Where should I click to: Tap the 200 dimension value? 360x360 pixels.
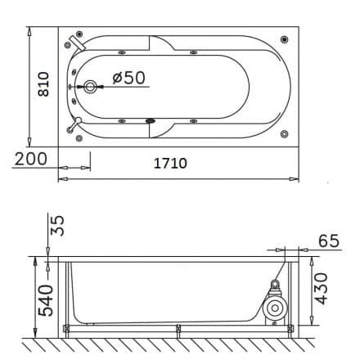coord(29,160)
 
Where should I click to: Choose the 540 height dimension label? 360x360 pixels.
coord(47,299)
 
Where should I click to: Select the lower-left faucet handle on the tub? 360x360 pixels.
coord(76,125)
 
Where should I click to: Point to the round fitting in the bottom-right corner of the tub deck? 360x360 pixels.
coord(284,133)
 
